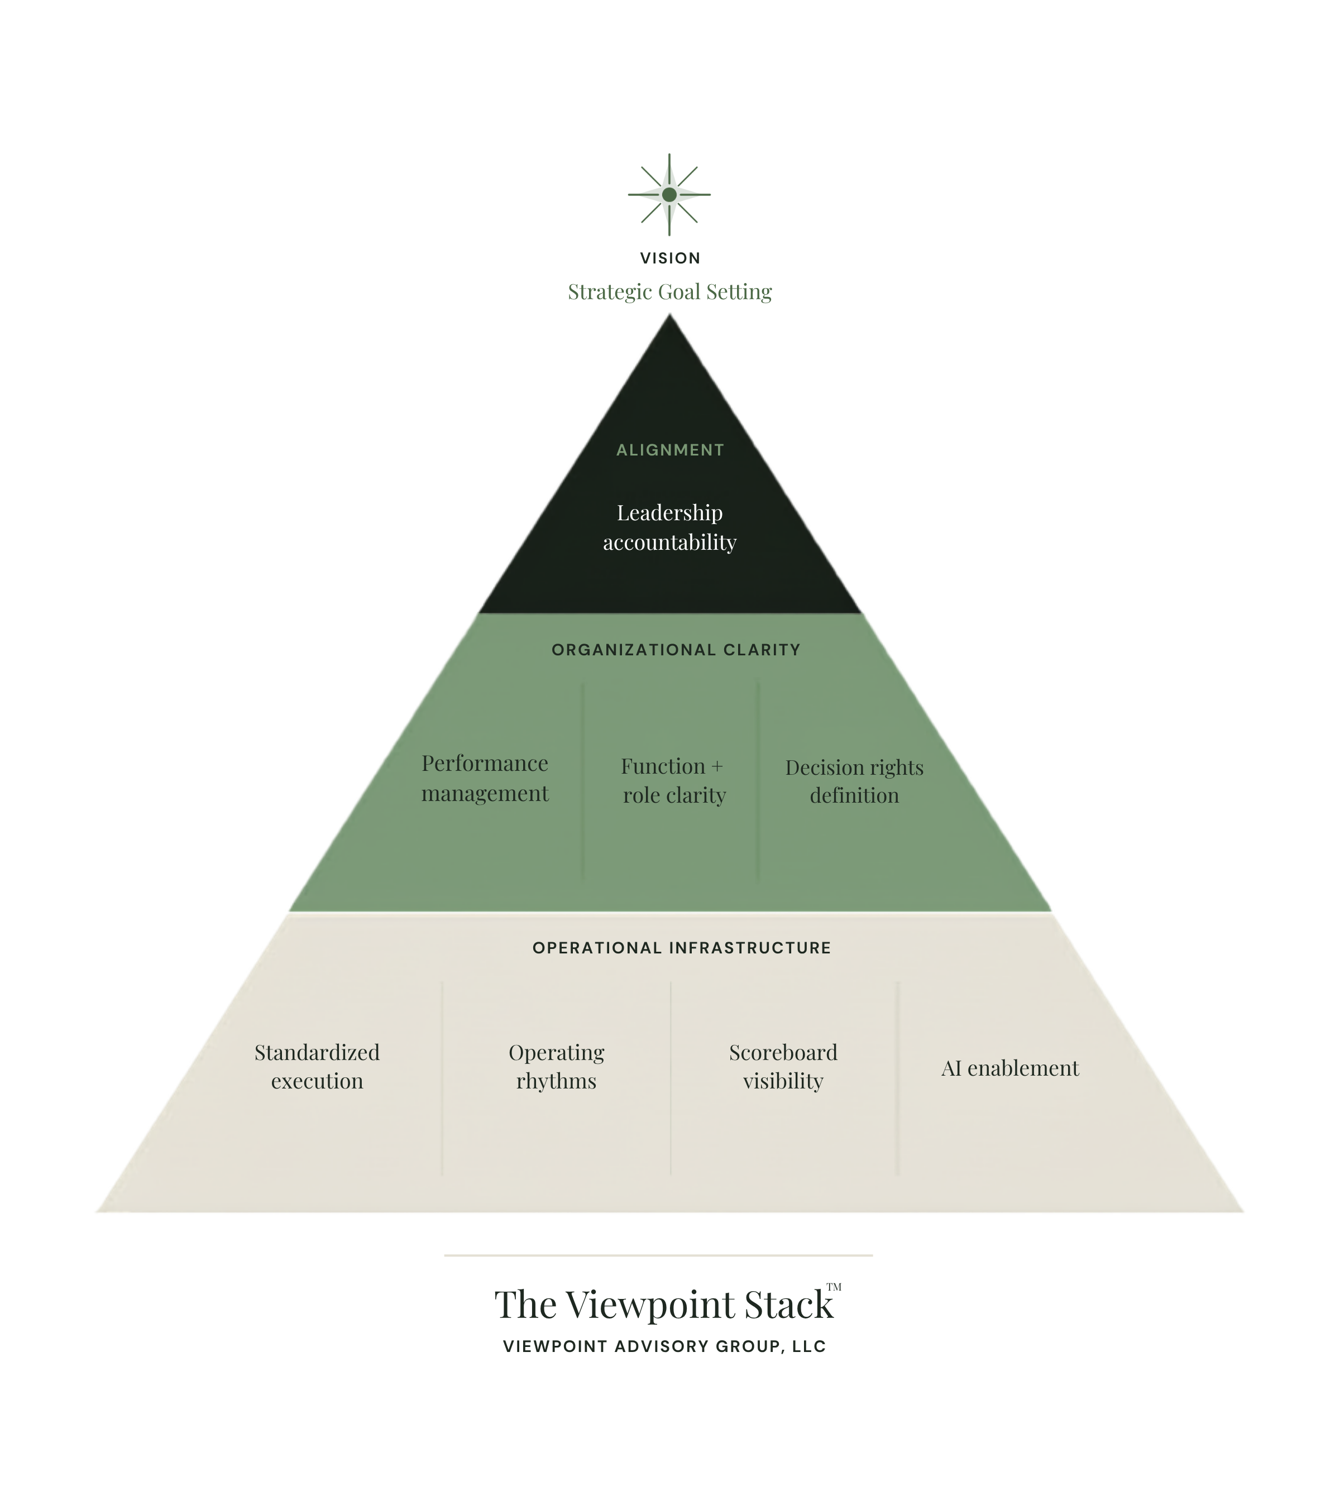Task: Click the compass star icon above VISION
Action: point(669,194)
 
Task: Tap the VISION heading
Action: point(670,258)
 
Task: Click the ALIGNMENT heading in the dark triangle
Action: point(670,450)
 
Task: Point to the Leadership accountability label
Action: point(670,527)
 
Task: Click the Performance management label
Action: point(485,778)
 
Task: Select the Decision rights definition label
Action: point(854,781)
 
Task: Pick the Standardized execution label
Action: point(317,1067)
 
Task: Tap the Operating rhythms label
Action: point(557,1067)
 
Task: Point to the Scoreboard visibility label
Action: point(783,1067)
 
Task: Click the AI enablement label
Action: point(1010,1068)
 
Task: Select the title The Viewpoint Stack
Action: point(663,1305)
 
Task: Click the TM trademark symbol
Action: point(834,1287)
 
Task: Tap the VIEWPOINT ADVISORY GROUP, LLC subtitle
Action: point(664,1346)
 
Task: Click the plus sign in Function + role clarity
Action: point(716,767)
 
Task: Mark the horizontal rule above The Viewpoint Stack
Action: point(658,1255)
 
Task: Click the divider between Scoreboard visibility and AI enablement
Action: point(897,1078)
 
